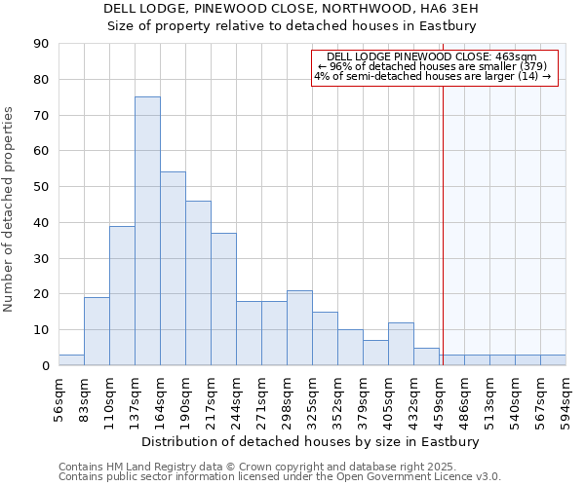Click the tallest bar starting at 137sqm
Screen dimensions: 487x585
(147, 231)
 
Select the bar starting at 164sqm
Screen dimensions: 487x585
(173, 269)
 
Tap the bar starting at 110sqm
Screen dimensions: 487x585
(122, 295)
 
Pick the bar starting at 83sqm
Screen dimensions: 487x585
(97, 331)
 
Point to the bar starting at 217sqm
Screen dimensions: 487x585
(223, 299)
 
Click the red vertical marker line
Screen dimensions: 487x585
(443, 224)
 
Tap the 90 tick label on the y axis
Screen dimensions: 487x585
(41, 44)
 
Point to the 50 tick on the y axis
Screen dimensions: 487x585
(41, 187)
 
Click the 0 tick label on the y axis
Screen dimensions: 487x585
(45, 366)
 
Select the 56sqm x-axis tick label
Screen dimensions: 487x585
(58, 397)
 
